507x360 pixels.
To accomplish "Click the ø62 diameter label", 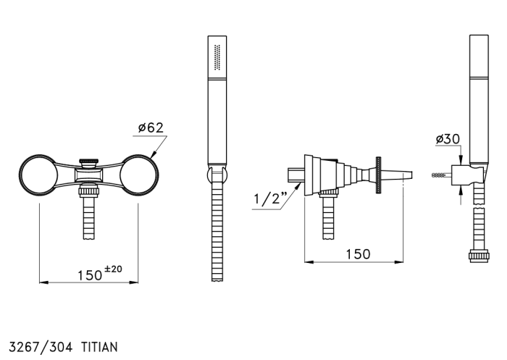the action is coord(151,127).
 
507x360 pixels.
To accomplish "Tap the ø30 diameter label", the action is coord(448,139).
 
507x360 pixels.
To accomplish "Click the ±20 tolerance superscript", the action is coord(113,269).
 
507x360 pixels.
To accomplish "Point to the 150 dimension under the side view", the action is coord(358,254).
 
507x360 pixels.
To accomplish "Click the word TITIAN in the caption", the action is coord(99,347).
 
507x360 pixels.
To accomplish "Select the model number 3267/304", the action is coord(41,347).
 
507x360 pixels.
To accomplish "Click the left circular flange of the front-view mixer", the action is coord(38,175).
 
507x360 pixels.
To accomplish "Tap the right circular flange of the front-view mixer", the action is coord(139,175).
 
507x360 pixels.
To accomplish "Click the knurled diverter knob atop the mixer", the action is coord(89,161).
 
